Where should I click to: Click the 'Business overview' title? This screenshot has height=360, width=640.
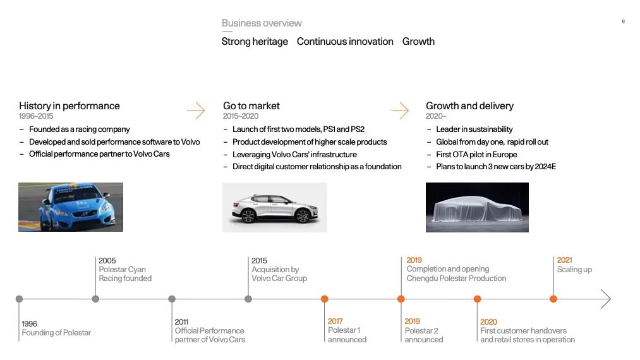pyautogui.click(x=262, y=23)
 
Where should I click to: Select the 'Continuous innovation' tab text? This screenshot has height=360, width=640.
pyautogui.click(x=345, y=42)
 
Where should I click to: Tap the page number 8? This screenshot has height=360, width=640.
pyautogui.click(x=624, y=21)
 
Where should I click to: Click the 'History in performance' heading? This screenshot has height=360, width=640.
pyautogui.click(x=69, y=105)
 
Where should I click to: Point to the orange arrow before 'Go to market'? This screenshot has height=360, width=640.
pyautogui.click(x=196, y=110)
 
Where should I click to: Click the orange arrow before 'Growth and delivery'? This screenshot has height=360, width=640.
pyautogui.click(x=400, y=110)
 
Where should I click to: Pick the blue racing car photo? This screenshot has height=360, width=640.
pyautogui.click(x=71, y=207)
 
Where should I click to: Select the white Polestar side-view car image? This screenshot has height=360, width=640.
pyautogui.click(x=274, y=207)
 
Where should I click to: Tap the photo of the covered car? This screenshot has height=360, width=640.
pyautogui.click(x=477, y=207)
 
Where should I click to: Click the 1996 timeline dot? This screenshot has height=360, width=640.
pyautogui.click(x=19, y=299)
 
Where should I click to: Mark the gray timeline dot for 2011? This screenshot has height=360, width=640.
pyautogui.click(x=172, y=299)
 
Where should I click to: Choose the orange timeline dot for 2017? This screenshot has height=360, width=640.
pyautogui.click(x=325, y=299)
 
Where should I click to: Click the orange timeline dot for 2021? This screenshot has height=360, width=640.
pyautogui.click(x=553, y=299)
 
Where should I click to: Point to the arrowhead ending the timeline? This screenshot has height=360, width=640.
pyautogui.click(x=610, y=299)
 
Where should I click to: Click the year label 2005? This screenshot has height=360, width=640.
pyautogui.click(x=107, y=260)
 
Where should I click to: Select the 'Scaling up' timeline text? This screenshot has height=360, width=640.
pyautogui.click(x=574, y=270)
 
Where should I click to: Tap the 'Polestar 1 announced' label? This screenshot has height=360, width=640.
pyautogui.click(x=347, y=335)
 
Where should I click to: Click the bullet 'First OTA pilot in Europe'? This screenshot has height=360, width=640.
pyautogui.click(x=476, y=154)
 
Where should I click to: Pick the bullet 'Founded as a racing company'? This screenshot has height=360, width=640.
pyautogui.click(x=79, y=129)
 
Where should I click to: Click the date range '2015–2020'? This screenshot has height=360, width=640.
pyautogui.click(x=241, y=116)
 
